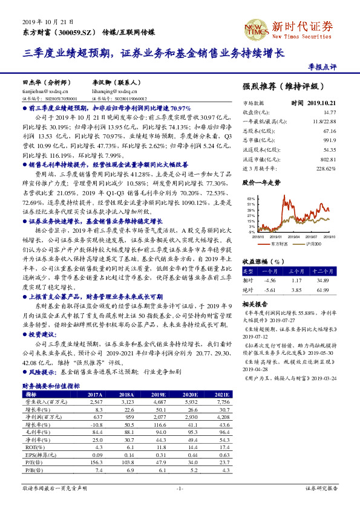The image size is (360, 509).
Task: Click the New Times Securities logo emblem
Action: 255,29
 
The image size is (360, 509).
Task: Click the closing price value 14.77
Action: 329,112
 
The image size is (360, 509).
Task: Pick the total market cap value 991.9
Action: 329,140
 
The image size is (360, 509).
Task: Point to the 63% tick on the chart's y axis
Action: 250,198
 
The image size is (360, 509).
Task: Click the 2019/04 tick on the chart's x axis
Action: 293,236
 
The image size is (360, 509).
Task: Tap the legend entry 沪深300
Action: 313,243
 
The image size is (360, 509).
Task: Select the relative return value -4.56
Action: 269,280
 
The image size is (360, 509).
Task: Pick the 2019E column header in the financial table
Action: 158,393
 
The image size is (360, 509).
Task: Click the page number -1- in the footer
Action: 179,488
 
